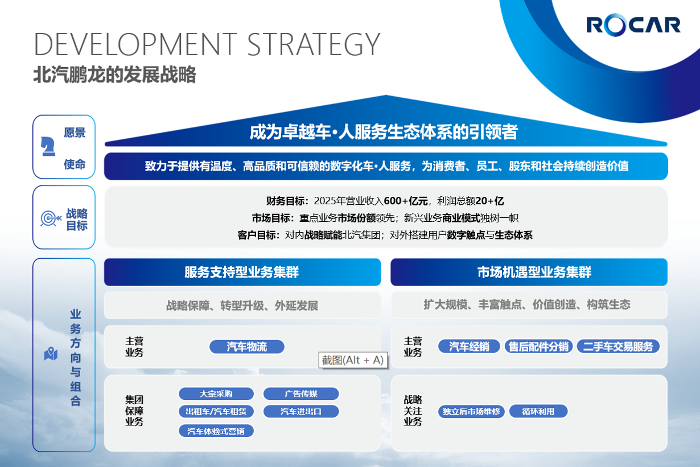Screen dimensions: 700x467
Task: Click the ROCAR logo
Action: pos(633,25)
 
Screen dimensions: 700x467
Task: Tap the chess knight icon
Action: pos(48,146)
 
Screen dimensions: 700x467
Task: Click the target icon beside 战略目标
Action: pos(50,218)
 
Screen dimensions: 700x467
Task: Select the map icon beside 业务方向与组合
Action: pos(51,354)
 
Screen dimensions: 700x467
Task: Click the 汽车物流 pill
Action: pos(247,347)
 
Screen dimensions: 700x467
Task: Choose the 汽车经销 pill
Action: pos(469,346)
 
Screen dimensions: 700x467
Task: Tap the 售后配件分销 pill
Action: pos(538,346)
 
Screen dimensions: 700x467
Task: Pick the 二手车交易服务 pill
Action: pos(618,346)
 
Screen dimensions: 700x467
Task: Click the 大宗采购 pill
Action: pos(216,394)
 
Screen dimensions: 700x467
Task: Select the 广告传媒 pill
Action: pos(301,394)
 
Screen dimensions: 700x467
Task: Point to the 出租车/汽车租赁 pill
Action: pos(216,411)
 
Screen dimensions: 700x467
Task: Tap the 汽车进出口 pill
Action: pos(301,411)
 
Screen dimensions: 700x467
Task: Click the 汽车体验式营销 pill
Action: pos(216,431)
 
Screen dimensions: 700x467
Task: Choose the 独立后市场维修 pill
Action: pos(471,411)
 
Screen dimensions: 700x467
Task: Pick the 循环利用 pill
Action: pos(538,411)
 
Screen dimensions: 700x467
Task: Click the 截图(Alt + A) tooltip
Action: pos(353,360)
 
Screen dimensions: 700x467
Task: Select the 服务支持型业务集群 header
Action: pos(242,272)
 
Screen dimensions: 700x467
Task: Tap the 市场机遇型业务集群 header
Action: pos(529,272)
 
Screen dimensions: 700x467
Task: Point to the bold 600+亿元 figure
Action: pos(405,201)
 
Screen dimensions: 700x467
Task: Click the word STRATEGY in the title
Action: pos(314,44)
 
